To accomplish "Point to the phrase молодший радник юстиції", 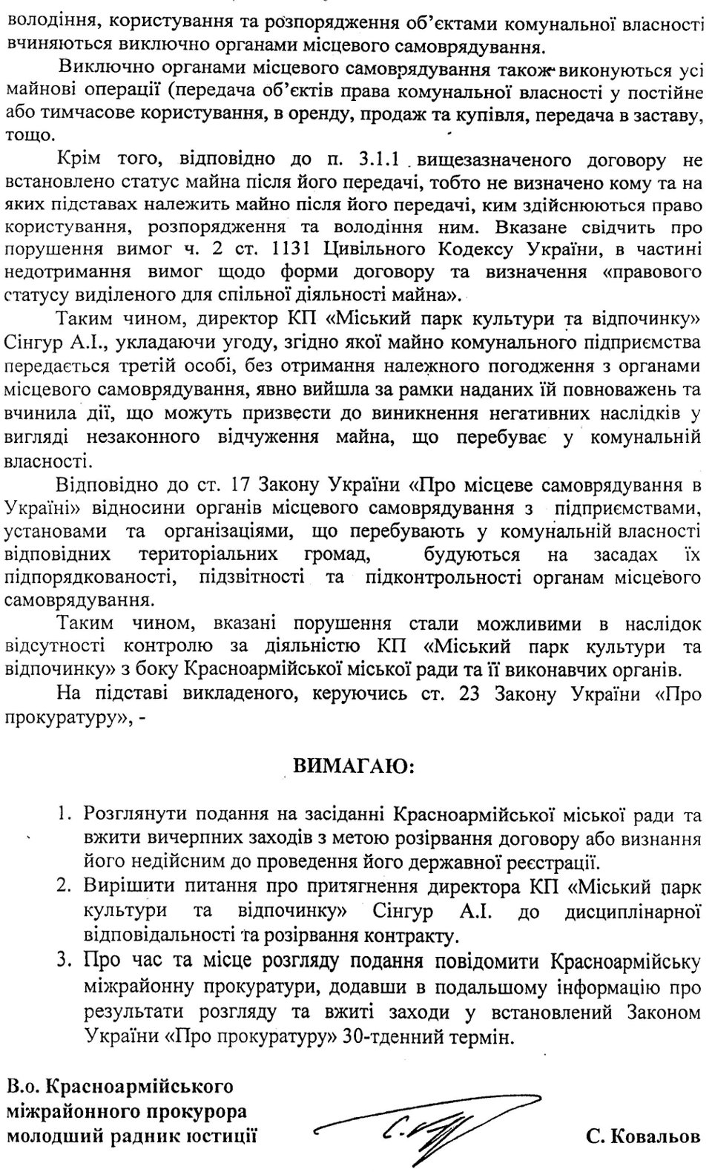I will click(x=132, y=1136).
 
